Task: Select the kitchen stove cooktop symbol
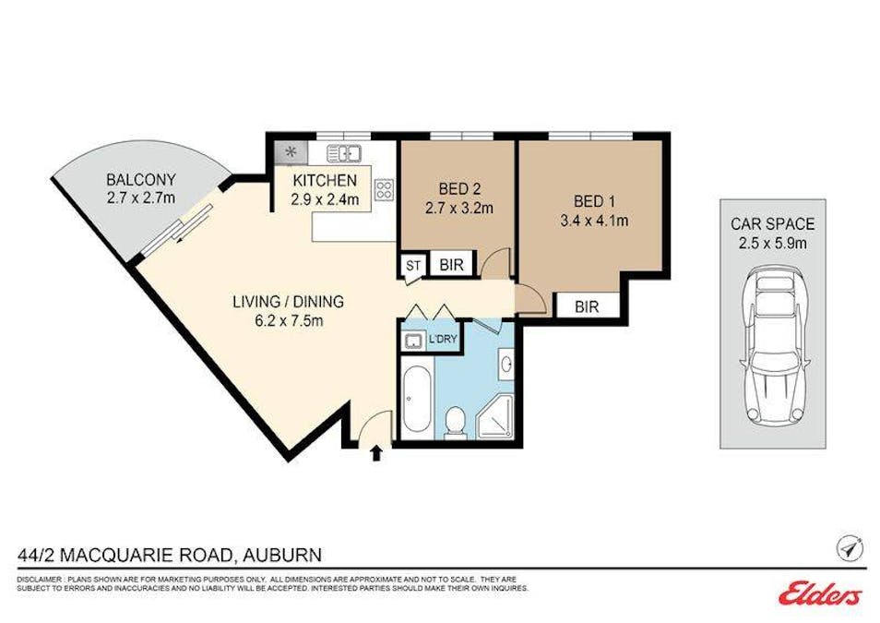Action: pyautogui.click(x=384, y=191)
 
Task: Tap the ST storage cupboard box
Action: pyautogui.click(x=412, y=266)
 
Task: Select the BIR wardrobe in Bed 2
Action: pyautogui.click(x=452, y=266)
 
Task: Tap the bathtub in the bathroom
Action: pyautogui.click(x=415, y=401)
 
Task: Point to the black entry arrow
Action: pyautogui.click(x=376, y=452)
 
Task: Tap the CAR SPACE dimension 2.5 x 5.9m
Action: pyautogui.click(x=772, y=243)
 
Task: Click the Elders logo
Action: pyautogui.click(x=820, y=594)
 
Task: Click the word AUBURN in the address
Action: pyautogui.click(x=282, y=555)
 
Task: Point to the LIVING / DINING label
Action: pyautogui.click(x=275, y=302)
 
